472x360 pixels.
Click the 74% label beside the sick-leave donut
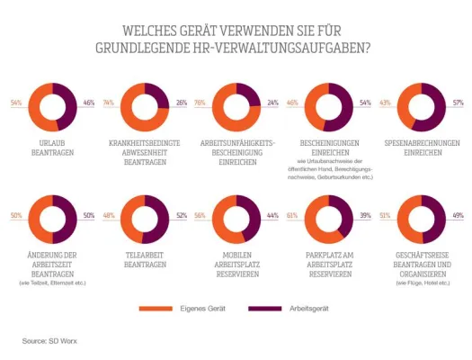(x=108, y=103)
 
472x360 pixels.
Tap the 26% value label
(x=182, y=103)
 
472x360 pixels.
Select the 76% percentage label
(x=200, y=103)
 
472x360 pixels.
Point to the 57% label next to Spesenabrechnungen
(x=458, y=103)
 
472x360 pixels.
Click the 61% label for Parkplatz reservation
(x=292, y=216)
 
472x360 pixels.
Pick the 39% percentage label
(x=366, y=216)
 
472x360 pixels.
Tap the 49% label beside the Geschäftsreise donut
(x=458, y=216)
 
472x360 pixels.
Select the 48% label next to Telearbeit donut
(x=108, y=216)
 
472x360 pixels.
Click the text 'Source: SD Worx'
(x=50, y=341)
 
